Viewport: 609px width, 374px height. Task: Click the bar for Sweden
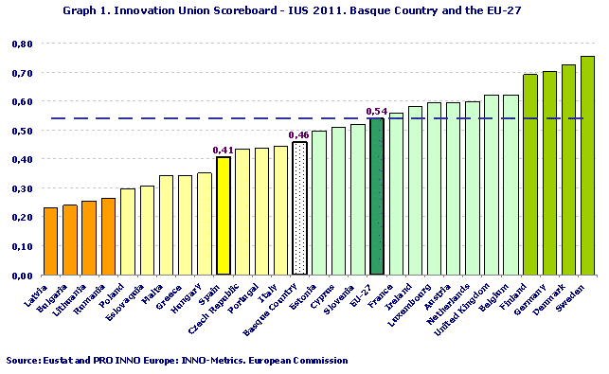click(x=587, y=166)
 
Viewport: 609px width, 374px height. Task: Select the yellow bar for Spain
click(x=224, y=216)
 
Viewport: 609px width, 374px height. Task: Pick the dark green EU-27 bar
click(x=376, y=197)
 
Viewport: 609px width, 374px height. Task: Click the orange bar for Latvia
click(x=50, y=241)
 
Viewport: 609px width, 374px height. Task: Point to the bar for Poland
click(x=127, y=232)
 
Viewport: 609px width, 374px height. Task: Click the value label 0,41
click(x=224, y=150)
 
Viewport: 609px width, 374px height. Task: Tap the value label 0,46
click(x=299, y=135)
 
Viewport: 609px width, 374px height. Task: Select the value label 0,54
click(x=376, y=112)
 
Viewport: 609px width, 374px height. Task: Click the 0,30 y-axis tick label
click(x=22, y=188)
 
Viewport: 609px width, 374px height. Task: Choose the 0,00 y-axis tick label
click(x=22, y=276)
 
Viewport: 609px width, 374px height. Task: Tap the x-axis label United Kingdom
click(x=469, y=305)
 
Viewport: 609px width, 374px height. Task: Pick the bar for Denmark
click(x=568, y=170)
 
